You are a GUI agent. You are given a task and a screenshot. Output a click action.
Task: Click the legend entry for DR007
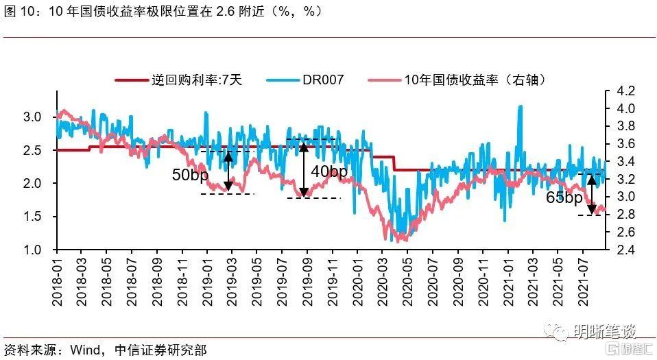[324, 80]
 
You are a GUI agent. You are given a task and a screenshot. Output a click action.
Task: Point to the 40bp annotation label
[329, 171]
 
